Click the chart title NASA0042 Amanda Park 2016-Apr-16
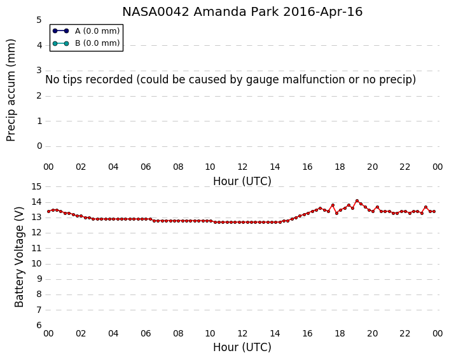242,11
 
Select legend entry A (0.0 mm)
86,31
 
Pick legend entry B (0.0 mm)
86,43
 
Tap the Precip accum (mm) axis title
11,90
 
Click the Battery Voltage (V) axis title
19,257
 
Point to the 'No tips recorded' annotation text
230,80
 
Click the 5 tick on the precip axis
39,20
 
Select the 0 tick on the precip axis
39,146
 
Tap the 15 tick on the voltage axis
36,186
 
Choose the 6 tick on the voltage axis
39,325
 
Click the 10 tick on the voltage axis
36,263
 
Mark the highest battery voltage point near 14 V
357,201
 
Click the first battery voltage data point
49,211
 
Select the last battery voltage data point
434,211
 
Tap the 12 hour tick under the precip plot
242,167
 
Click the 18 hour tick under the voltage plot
340,333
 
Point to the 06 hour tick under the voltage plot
146,333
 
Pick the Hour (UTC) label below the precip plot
242,181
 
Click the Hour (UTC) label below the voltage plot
242,347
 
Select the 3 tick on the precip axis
39,70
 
